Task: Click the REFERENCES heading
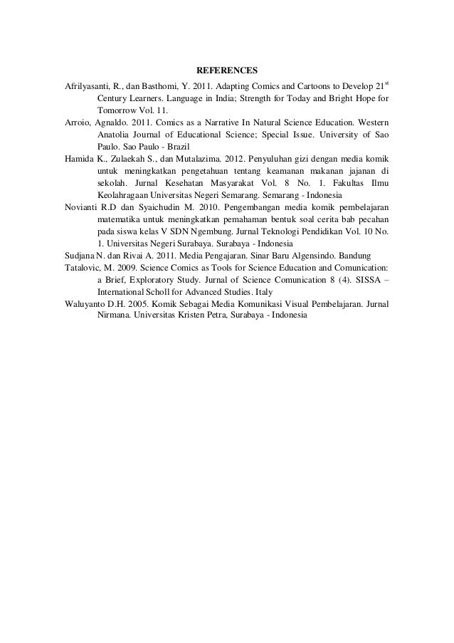(227, 71)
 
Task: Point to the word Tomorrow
(117, 112)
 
